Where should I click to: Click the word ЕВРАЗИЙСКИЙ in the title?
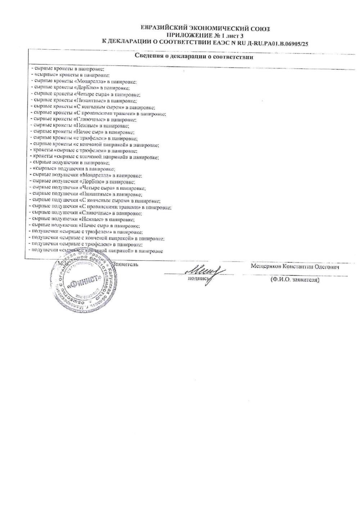coord(162,29)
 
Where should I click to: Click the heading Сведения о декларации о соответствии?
coord(194,57)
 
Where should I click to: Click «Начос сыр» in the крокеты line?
coord(89,132)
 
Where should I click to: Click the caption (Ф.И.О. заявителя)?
coord(294,279)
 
